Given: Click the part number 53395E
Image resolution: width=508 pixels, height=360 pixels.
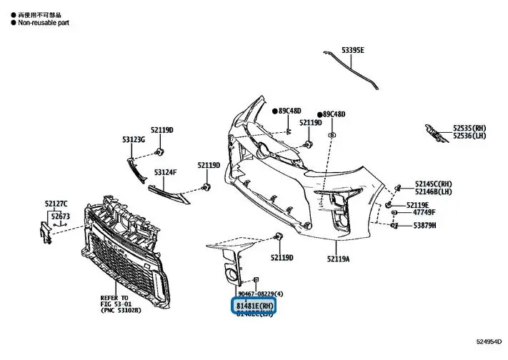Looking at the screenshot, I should [x=352, y=50].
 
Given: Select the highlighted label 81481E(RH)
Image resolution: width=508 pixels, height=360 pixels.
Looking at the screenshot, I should [x=255, y=305].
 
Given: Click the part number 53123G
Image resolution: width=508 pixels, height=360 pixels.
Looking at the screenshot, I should [x=134, y=139].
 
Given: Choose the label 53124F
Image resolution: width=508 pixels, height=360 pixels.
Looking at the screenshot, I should [x=165, y=171].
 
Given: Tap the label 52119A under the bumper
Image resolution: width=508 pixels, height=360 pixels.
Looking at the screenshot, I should [x=339, y=258].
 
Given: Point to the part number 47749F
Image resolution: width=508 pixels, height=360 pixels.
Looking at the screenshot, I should [x=421, y=212].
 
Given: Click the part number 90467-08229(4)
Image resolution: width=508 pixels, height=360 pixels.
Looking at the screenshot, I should [x=261, y=294].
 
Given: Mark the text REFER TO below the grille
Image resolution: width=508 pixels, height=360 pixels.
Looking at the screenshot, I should [x=115, y=296].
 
